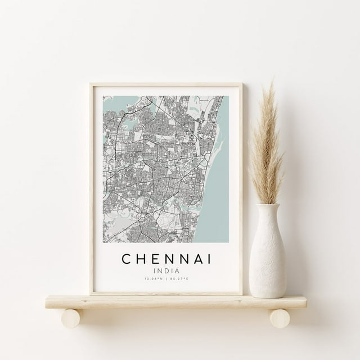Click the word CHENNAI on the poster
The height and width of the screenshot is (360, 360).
click(166, 260)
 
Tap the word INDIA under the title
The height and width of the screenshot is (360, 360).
click(166, 271)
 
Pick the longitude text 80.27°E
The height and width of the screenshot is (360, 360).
click(178, 279)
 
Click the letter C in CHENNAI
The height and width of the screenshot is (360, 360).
click(125, 260)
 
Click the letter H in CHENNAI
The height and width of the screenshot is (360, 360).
click(139, 260)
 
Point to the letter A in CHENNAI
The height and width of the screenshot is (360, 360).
click(195, 260)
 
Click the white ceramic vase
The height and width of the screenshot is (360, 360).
click(267, 253)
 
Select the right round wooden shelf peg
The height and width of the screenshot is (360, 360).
click(280, 318)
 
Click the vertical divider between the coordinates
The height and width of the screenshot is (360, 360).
click(166, 279)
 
